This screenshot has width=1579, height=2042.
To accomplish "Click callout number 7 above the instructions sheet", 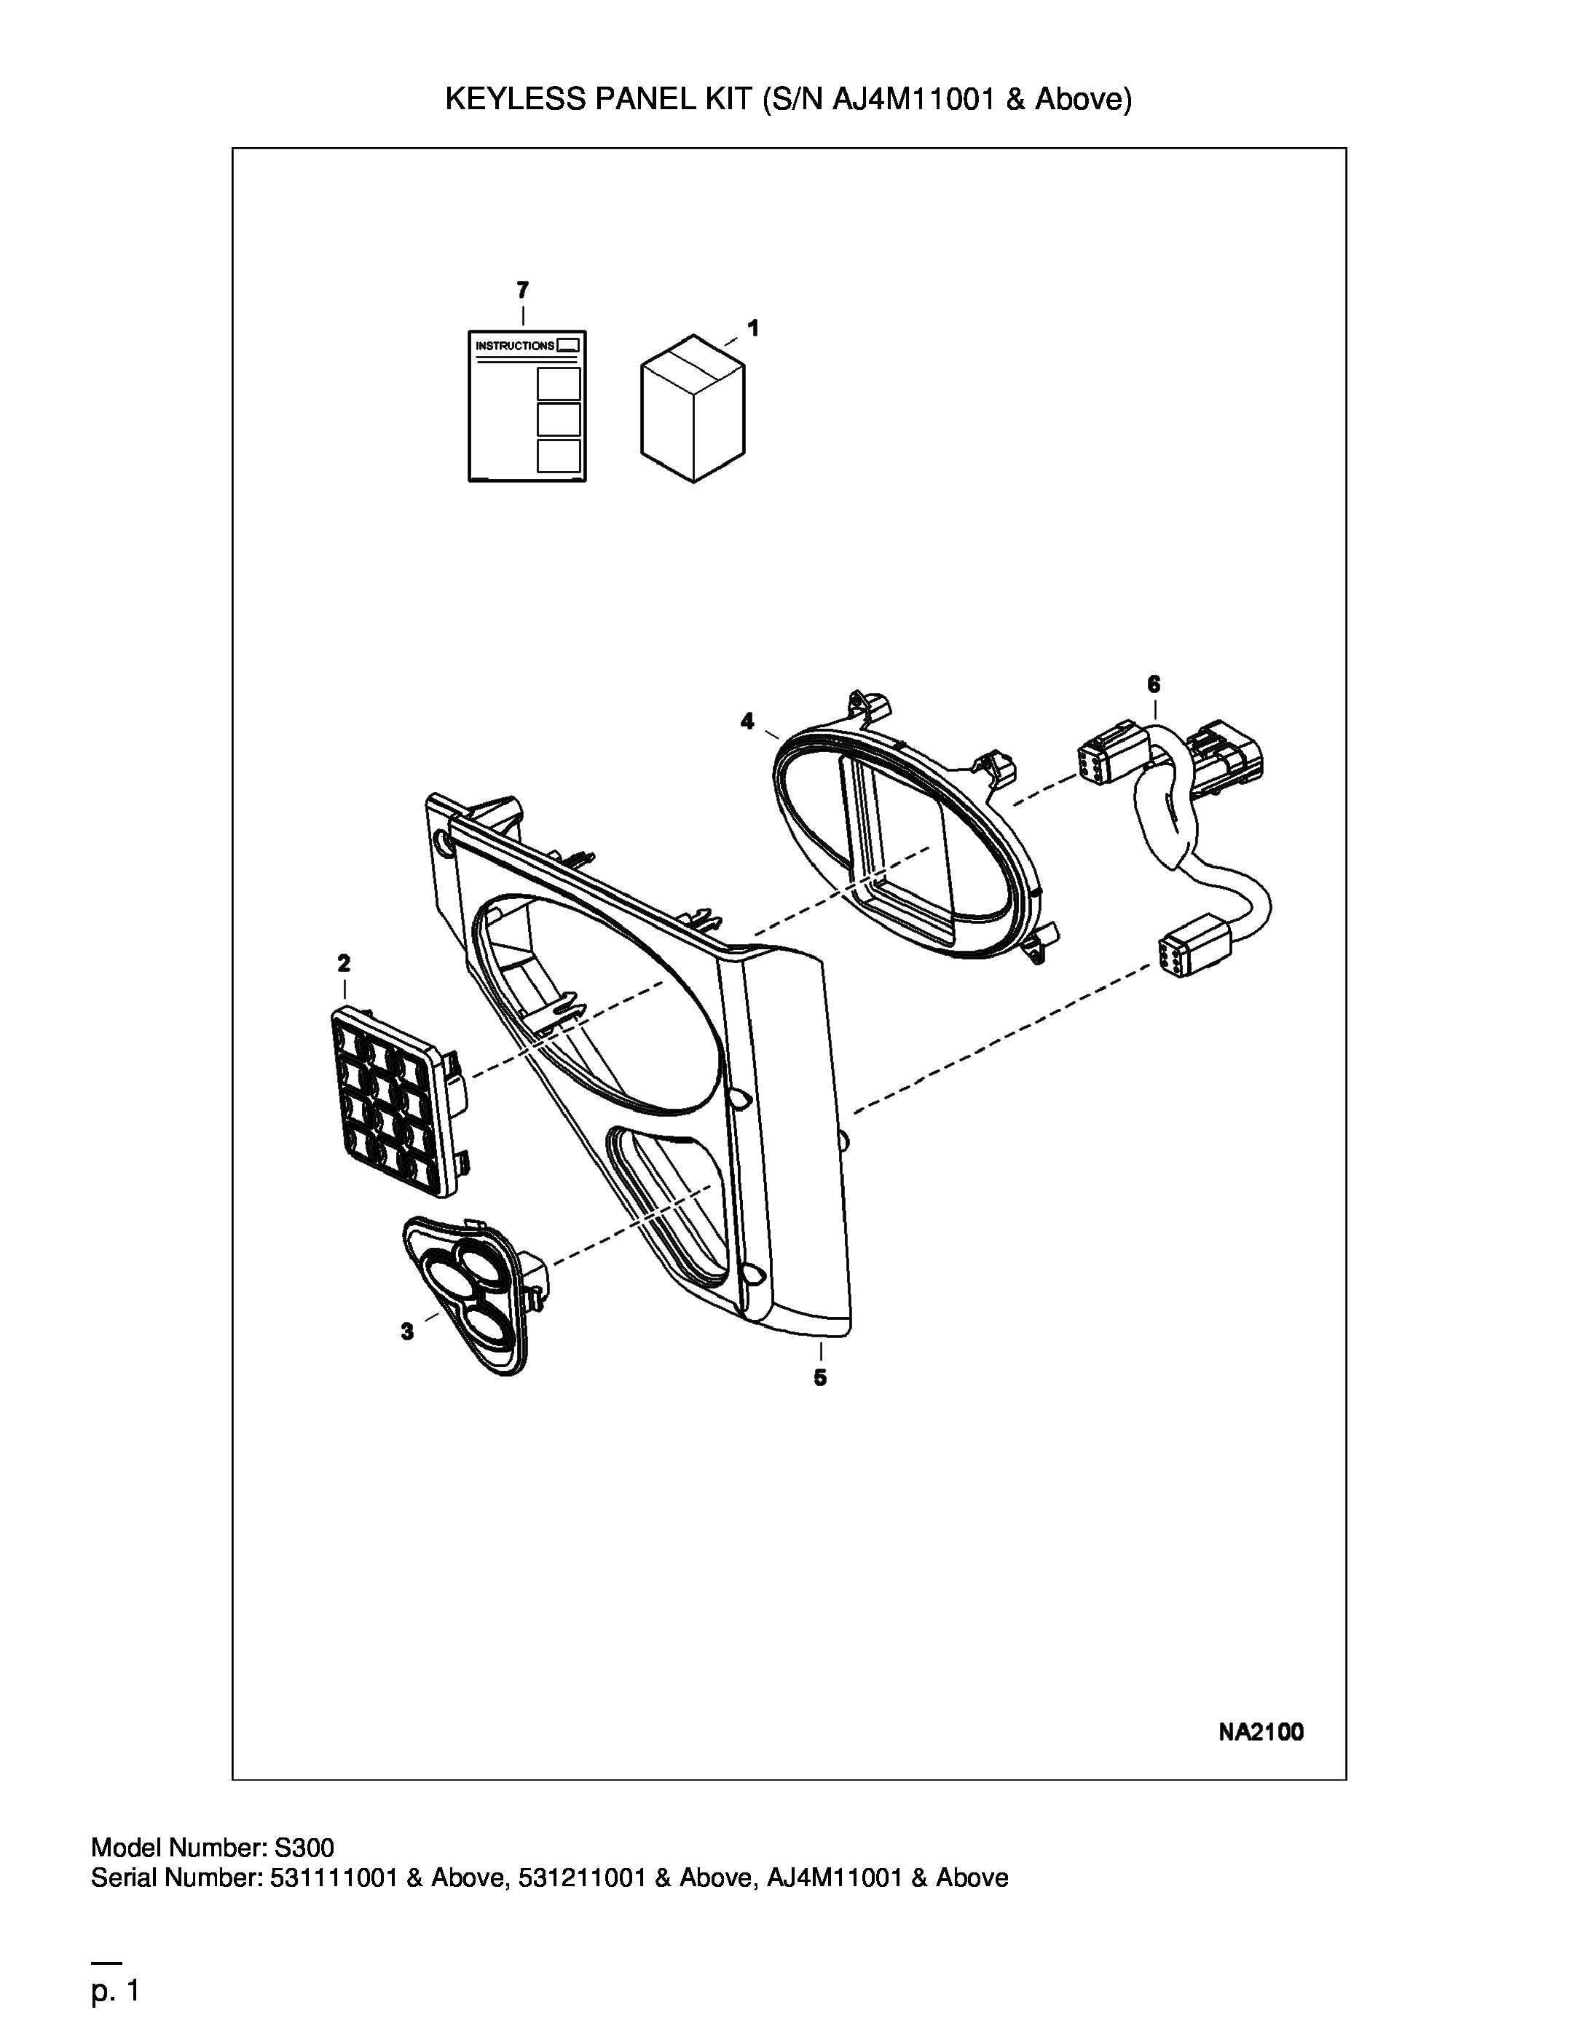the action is click(x=522, y=290).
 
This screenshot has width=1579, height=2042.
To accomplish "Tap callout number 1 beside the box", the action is click(x=753, y=328).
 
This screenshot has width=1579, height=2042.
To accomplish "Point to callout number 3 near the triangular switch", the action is click(x=407, y=1331).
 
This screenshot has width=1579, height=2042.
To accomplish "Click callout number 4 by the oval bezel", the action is click(x=747, y=721).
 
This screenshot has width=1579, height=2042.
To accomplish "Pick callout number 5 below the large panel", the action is click(x=820, y=1377).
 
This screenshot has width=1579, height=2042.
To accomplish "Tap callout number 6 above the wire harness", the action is click(x=1154, y=684).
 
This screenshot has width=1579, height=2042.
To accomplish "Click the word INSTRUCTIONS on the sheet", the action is click(x=514, y=346).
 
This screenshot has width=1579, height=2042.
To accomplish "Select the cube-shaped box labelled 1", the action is click(x=692, y=408).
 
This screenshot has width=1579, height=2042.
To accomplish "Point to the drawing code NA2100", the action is click(x=1261, y=1733).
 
